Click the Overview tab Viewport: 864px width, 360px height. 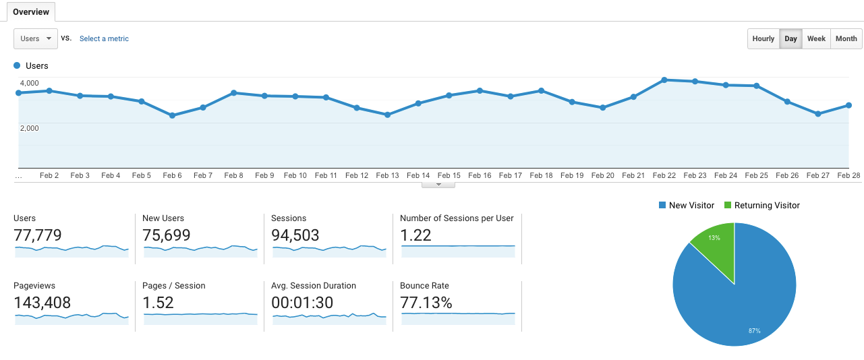31,12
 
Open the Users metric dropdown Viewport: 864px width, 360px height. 35,38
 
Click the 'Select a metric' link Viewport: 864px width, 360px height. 104,39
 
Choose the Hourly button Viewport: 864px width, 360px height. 763,38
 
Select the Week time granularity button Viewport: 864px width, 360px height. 816,38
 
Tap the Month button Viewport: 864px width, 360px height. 846,38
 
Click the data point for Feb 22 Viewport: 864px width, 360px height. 664,80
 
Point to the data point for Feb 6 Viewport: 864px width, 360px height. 172,115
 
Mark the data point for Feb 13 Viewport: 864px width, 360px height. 387,115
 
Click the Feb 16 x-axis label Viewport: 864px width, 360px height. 480,175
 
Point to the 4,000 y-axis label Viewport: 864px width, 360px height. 29,82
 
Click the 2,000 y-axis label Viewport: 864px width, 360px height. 29,128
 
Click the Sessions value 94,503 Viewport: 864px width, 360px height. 295,235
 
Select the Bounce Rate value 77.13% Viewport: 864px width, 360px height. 426,303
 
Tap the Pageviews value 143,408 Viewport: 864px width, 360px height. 42,303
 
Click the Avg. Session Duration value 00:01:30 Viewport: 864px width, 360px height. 302,303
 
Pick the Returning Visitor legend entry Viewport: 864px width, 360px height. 761,205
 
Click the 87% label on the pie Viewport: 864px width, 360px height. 754,330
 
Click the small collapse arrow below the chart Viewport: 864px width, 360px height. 438,184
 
